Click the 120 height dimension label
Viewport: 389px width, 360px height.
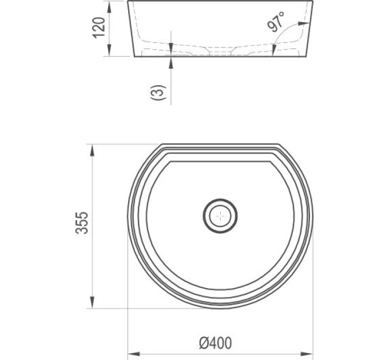point(99,27)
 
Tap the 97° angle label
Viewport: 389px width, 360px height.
point(275,22)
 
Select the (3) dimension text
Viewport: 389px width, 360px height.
point(158,93)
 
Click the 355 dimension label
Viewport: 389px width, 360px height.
point(82,223)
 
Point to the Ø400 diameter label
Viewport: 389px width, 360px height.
point(215,343)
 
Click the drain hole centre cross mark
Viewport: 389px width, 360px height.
point(220,216)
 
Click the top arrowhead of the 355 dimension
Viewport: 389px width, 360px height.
point(92,150)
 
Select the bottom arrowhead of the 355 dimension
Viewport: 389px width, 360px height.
point(92,302)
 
